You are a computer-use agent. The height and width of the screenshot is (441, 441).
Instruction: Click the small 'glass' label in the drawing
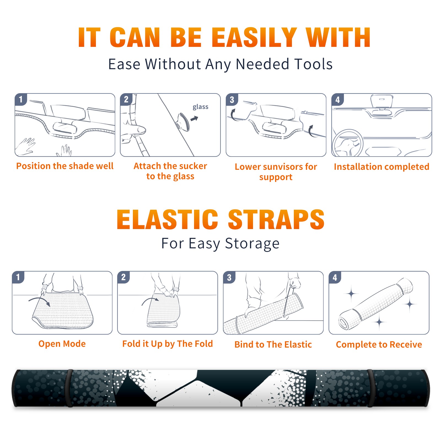click(x=200, y=107)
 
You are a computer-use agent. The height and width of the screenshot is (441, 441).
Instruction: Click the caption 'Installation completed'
click(x=381, y=166)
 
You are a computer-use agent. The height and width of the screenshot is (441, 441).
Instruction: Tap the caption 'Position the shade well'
click(x=65, y=166)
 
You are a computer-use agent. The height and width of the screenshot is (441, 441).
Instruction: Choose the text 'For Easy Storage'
click(x=220, y=243)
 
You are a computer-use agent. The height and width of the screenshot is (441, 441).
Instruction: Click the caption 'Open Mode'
click(x=62, y=344)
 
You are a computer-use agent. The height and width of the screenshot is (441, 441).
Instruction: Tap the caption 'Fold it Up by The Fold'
click(x=168, y=344)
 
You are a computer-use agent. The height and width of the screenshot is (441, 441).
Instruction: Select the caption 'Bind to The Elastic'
click(x=273, y=345)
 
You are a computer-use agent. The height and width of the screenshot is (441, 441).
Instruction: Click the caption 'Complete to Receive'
click(x=379, y=345)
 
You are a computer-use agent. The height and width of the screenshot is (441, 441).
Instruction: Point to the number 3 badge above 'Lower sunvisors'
click(x=232, y=100)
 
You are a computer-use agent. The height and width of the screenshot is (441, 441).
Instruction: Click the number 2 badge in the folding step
click(x=123, y=277)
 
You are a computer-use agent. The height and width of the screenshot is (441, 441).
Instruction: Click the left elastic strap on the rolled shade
click(x=69, y=388)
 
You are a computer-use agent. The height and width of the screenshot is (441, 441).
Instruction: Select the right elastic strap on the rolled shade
click(x=370, y=388)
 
